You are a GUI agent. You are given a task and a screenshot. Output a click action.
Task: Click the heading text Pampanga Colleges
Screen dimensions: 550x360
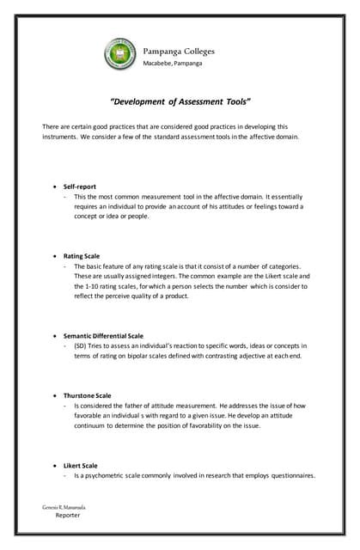tap(179, 51)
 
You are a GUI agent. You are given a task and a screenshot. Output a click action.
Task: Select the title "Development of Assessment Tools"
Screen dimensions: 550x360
tap(180, 101)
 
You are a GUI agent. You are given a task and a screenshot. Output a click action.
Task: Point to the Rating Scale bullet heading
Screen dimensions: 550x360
tap(82, 256)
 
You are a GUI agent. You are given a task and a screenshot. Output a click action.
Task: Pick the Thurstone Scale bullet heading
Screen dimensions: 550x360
tap(87, 395)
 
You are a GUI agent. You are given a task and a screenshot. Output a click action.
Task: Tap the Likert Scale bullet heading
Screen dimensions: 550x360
tap(81, 465)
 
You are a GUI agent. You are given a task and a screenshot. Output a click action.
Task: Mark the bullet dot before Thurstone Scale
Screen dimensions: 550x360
tap(55, 395)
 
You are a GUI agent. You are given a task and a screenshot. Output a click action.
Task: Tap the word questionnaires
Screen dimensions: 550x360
tap(290, 475)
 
